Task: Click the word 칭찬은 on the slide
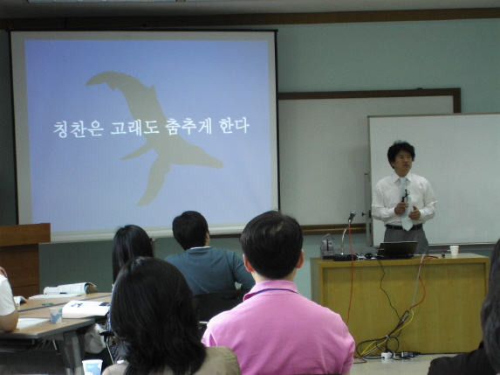(79, 128)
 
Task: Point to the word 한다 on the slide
(234, 126)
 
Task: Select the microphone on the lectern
(352, 216)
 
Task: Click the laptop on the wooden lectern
(397, 249)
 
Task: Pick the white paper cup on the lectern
(454, 250)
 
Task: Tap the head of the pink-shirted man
(271, 245)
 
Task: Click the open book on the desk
(71, 288)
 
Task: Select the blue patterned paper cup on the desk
(56, 315)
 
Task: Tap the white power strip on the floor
(387, 355)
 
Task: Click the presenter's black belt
(403, 226)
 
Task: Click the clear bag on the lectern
(327, 246)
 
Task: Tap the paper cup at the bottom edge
(92, 367)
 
